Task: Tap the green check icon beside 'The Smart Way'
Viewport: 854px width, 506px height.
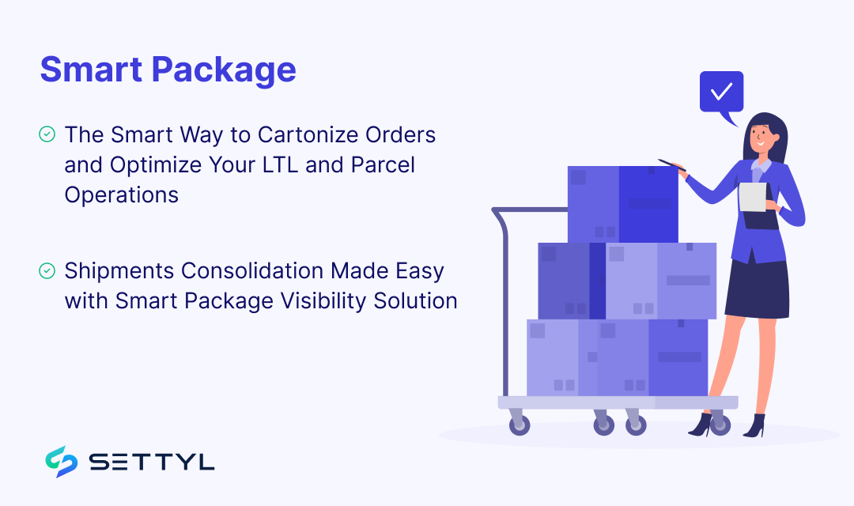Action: click(x=47, y=134)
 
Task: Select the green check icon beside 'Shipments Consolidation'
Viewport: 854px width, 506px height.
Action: click(x=47, y=271)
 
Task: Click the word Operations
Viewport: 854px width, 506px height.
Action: click(x=122, y=194)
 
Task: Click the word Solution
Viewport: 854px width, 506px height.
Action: click(x=419, y=301)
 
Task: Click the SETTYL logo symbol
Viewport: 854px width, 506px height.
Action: click(x=61, y=462)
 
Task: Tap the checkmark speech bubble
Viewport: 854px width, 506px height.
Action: click(x=721, y=93)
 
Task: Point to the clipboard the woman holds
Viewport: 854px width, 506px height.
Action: click(x=753, y=198)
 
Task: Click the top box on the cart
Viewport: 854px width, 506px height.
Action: click(x=622, y=204)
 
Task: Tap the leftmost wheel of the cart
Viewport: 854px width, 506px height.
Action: click(x=519, y=425)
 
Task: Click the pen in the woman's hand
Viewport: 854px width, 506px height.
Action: click(x=671, y=164)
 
